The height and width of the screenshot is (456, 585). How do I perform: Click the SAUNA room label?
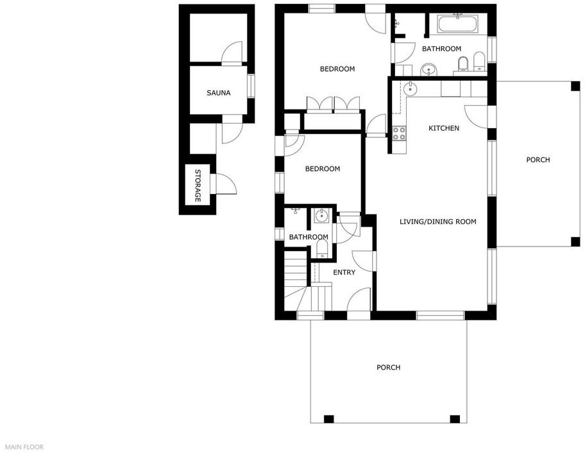219,93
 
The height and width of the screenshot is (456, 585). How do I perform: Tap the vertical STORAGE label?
198,186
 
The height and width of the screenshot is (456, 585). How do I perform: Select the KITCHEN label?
444,128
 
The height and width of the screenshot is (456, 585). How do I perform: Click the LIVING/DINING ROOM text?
438,222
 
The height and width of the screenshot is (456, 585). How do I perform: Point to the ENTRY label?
344,272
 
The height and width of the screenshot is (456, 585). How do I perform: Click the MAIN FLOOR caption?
24,447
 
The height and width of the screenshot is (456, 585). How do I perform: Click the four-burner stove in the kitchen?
399,133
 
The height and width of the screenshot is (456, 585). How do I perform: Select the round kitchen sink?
410,88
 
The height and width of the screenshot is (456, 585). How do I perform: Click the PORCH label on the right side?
538,160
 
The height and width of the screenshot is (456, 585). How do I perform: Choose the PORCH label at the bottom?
388,368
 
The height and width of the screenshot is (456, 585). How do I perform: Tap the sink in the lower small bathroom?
321,215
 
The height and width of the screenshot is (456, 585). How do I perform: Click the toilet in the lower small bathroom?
322,248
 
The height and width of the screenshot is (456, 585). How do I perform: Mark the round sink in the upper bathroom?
428,70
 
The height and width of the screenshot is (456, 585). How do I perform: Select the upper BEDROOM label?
337,69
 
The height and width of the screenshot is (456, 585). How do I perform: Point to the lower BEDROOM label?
323,169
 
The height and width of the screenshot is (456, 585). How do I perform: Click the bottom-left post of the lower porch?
328,419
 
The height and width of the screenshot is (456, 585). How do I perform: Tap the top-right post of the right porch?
575,86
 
